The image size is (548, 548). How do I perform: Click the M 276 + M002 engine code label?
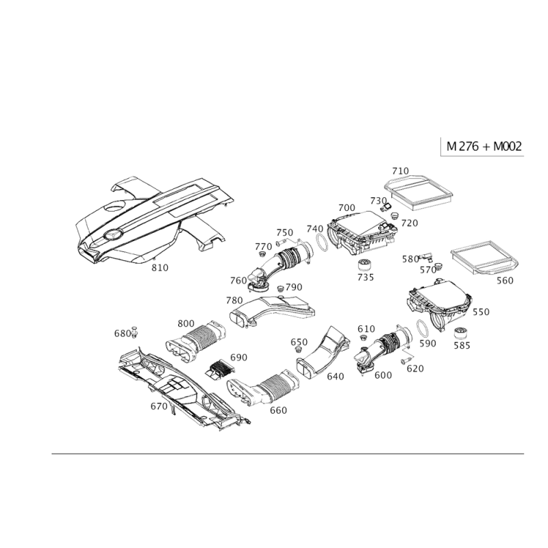pyautogui.click(x=484, y=146)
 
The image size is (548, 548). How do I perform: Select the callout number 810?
pyautogui.click(x=160, y=268)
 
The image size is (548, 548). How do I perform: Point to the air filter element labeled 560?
pyautogui.click(x=484, y=258)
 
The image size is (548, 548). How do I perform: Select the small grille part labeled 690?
pyautogui.click(x=220, y=369)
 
